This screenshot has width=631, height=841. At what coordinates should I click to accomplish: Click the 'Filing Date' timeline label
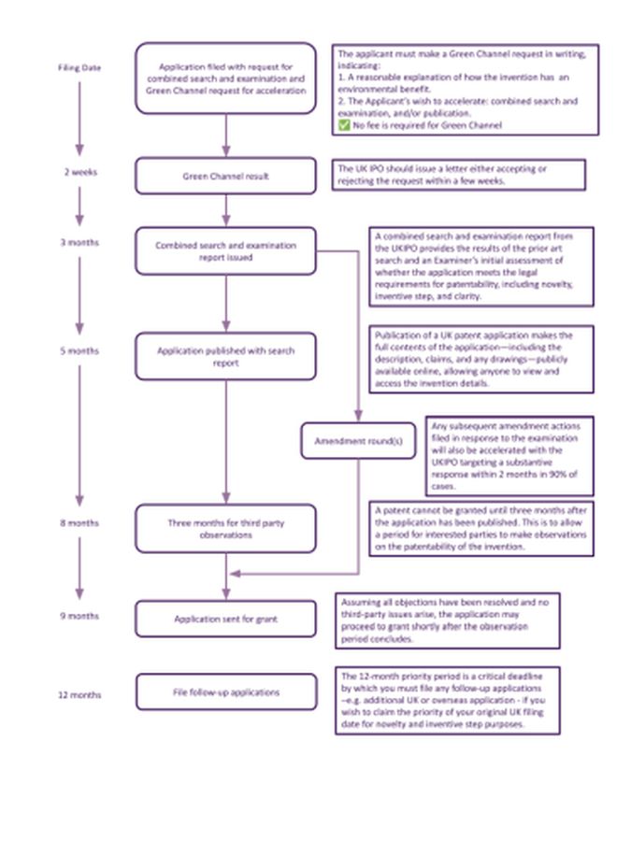point(79,68)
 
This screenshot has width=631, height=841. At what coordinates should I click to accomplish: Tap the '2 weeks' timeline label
point(79,172)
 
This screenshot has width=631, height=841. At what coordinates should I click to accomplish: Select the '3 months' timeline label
point(79,243)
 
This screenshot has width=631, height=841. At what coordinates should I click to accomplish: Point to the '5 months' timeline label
point(79,351)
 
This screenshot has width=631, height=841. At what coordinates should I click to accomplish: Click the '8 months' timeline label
point(79,523)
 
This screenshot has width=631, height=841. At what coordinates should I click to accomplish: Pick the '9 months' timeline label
point(79,616)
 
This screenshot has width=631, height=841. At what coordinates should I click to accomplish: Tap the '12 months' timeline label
point(79,695)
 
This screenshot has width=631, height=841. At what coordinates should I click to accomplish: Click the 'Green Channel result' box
point(225,176)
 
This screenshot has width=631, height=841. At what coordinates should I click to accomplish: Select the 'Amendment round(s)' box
point(358,441)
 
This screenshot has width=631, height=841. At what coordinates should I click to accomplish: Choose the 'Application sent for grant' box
point(225,619)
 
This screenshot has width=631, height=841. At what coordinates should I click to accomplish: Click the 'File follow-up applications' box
point(225,692)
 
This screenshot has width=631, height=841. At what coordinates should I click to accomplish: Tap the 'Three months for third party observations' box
point(225,529)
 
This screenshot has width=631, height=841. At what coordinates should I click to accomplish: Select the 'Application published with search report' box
point(225,356)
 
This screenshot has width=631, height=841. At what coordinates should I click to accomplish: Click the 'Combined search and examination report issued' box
point(225,251)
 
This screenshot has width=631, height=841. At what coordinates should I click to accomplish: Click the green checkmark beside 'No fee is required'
point(344,124)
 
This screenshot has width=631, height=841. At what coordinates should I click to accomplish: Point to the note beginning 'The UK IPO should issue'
point(459,175)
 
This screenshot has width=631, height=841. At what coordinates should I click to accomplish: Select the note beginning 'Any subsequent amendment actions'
point(509,456)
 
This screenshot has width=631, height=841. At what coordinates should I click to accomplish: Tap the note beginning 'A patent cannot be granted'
point(481,529)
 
